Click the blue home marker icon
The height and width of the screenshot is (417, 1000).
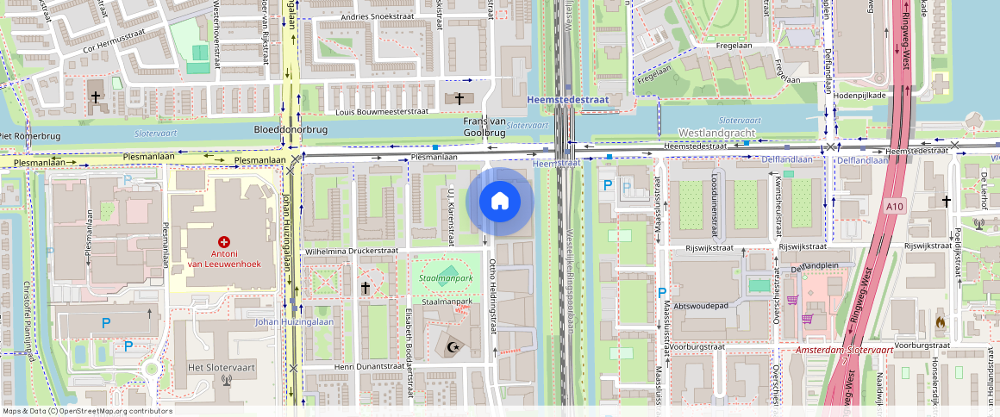coord(499,202)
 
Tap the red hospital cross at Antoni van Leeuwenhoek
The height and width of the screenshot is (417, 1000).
coord(225,243)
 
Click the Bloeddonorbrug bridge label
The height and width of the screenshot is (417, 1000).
coord(291,129)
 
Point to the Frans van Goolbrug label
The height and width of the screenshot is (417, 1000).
coord(484,127)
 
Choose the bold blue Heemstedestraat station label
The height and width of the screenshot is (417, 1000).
coord(567,100)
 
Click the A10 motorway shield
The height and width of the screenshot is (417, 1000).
coord(895,207)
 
